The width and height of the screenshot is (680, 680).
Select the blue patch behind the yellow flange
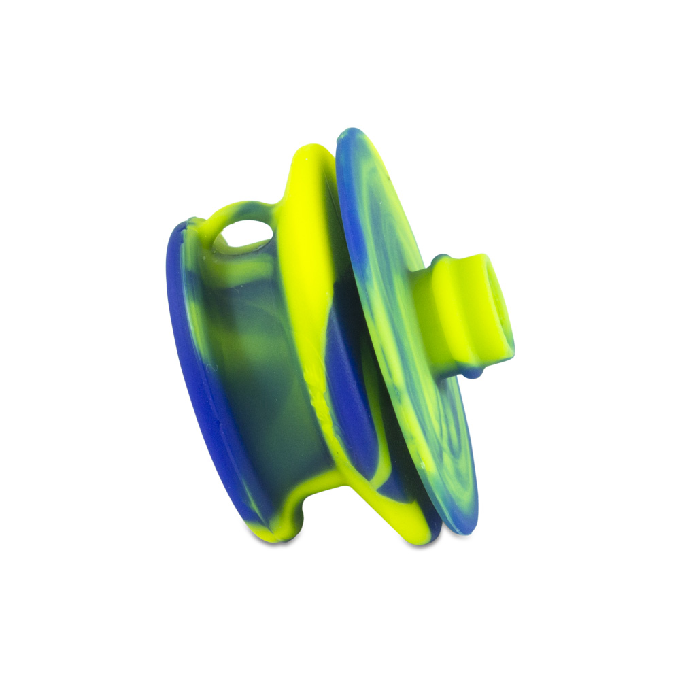[x=347, y=381]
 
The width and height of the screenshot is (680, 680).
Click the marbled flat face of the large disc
[x=401, y=306]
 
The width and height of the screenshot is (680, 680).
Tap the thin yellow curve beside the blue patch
[x=371, y=408]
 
